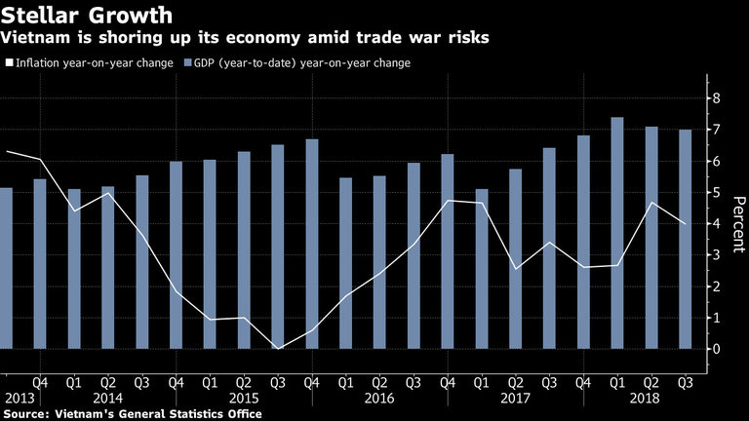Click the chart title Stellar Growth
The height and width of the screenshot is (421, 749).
point(89,17)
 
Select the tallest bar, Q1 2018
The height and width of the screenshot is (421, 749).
point(616,233)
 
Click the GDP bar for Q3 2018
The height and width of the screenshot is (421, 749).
point(685,239)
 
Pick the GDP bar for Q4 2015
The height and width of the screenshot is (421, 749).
point(312,244)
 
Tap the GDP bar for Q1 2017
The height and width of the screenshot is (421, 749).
point(481,269)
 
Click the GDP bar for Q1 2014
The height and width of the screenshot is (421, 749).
point(74,269)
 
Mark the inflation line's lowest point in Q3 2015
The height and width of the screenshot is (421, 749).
point(277,348)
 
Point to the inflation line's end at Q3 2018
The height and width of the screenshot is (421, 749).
point(685,224)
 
